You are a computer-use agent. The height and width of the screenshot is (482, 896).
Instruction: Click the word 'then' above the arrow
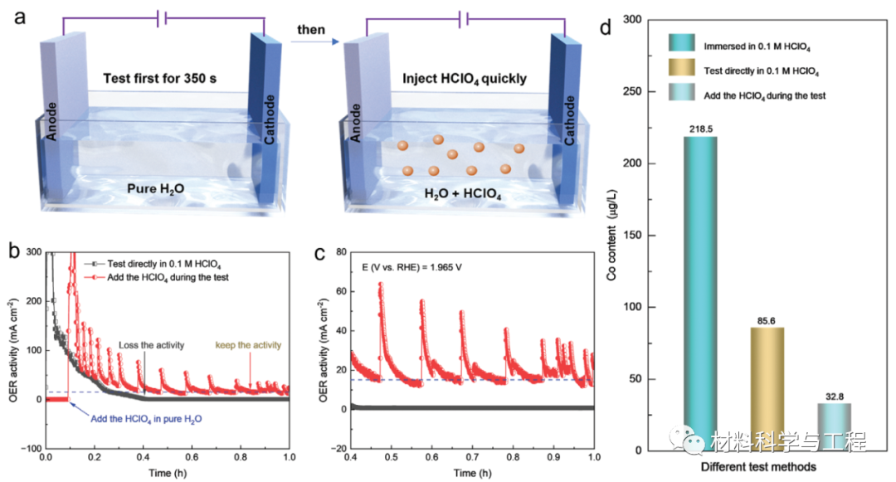tap(310, 31)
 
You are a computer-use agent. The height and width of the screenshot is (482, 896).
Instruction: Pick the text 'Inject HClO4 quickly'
tap(465, 80)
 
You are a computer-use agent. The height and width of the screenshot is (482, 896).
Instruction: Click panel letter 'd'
tap(605, 27)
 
